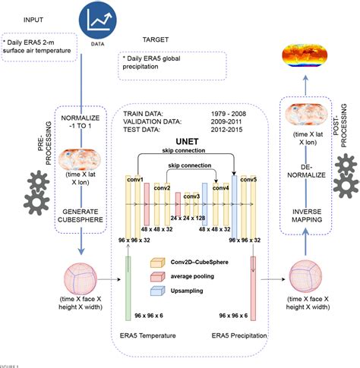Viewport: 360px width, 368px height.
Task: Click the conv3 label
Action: point(191,197)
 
